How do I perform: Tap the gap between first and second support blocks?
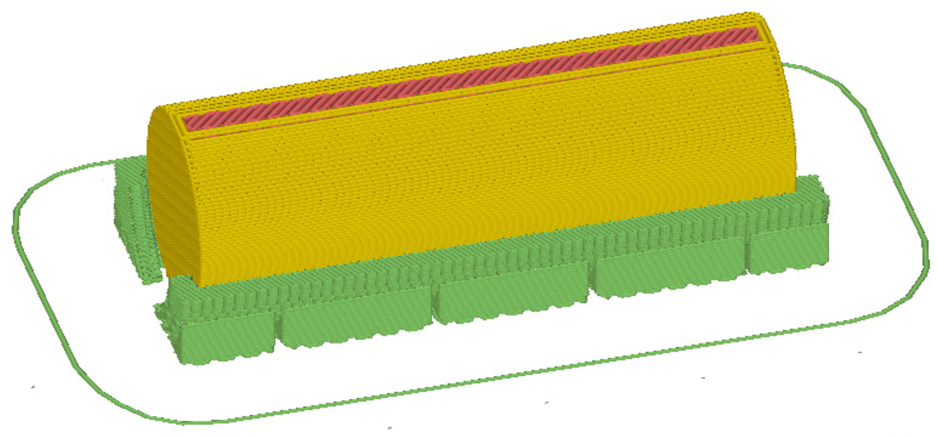pyautogui.click(x=278, y=330)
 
